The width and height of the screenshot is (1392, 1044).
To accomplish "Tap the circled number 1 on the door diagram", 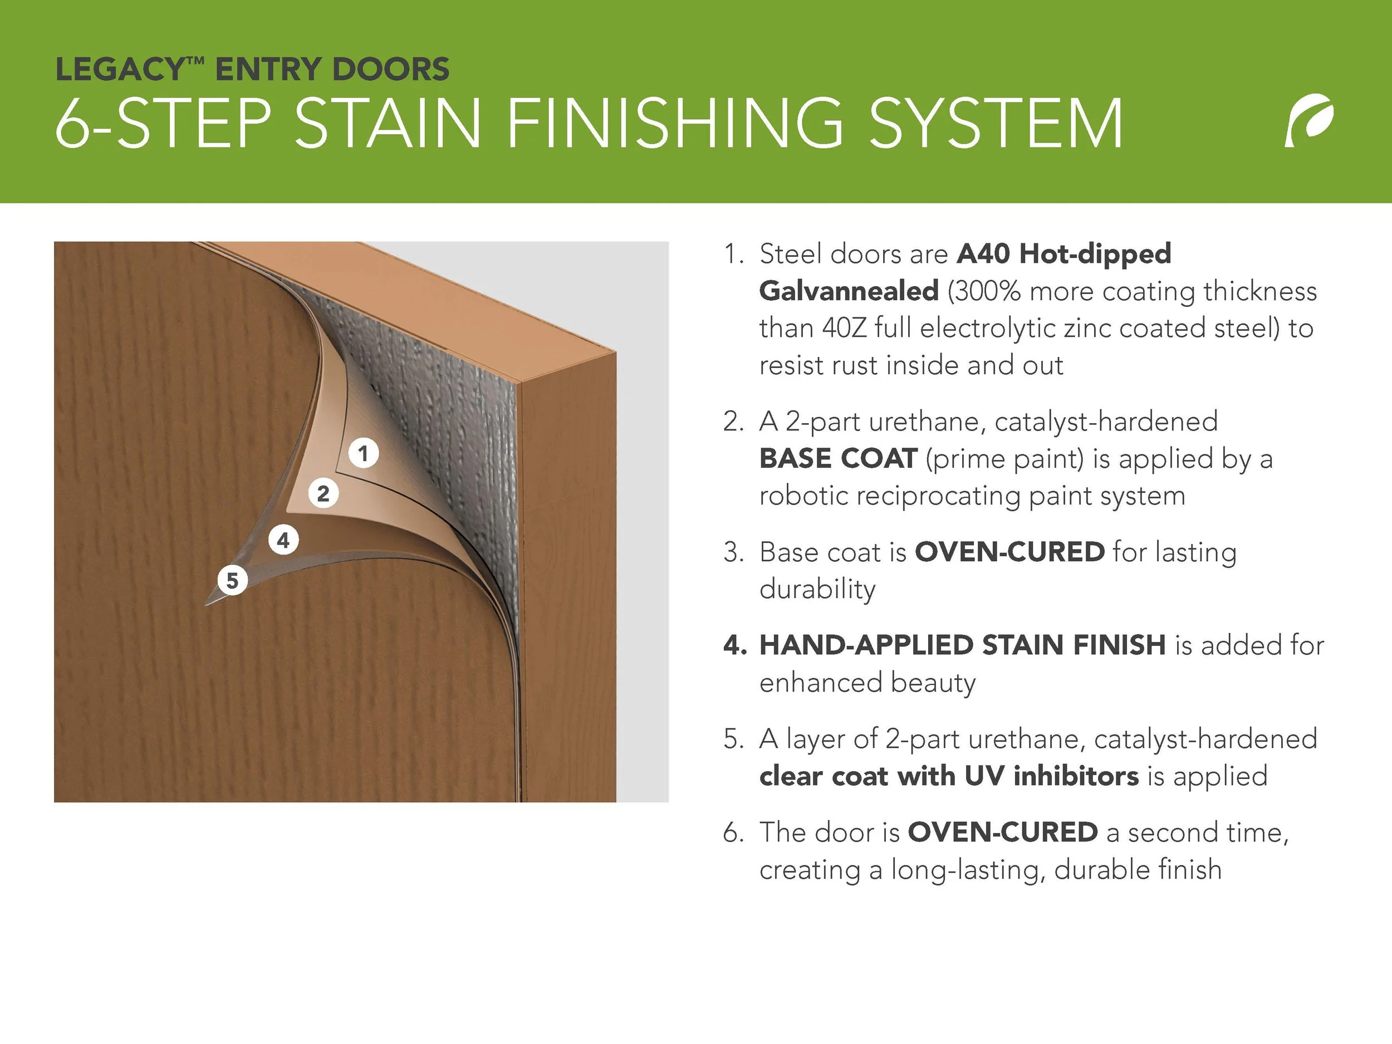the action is pyautogui.click(x=363, y=453).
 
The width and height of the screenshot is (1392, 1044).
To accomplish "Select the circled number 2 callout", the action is pyautogui.click(x=324, y=493).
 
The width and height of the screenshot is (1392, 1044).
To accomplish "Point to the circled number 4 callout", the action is pyautogui.click(x=283, y=540).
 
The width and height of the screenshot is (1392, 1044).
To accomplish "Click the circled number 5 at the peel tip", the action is pyautogui.click(x=233, y=580).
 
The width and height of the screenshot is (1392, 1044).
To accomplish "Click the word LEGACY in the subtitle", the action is pyautogui.click(x=121, y=69).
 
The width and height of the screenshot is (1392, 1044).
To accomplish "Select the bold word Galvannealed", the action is pyautogui.click(x=849, y=291).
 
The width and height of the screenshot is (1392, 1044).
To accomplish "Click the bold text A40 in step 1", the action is pyautogui.click(x=983, y=253).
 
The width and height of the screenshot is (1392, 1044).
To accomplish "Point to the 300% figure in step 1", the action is pyautogui.click(x=986, y=291).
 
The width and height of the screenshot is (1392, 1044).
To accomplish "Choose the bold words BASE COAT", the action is pyautogui.click(x=838, y=458).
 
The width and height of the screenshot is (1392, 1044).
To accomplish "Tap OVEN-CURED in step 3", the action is pyautogui.click(x=1009, y=552).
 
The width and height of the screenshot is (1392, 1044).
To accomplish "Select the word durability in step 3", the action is pyautogui.click(x=817, y=590).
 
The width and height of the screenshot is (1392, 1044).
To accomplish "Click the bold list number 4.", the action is pyautogui.click(x=735, y=645).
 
